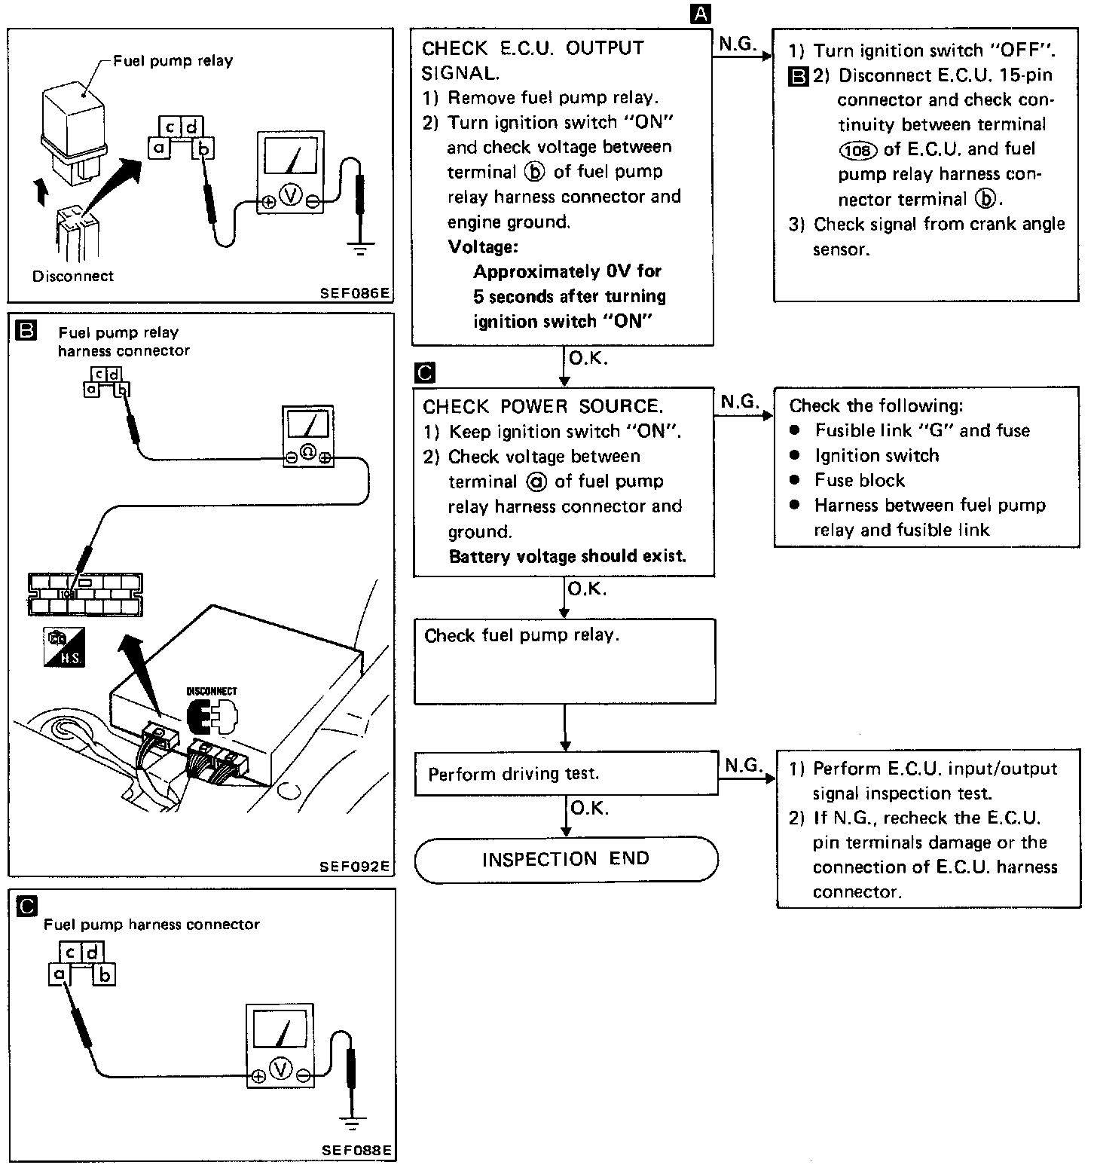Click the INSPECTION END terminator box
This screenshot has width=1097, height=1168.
click(x=566, y=859)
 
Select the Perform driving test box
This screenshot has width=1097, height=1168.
click(x=565, y=775)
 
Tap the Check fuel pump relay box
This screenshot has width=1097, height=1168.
click(x=564, y=661)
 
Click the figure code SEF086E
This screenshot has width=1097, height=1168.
click(x=355, y=293)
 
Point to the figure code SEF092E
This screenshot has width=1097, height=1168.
click(x=355, y=867)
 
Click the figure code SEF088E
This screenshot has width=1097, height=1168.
click(x=356, y=1151)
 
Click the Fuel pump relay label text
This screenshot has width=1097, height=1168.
click(x=173, y=61)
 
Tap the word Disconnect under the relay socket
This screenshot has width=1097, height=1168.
click(x=72, y=276)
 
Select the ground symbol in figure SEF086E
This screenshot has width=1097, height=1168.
click(x=360, y=247)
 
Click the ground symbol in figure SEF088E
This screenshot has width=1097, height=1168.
click(x=350, y=1124)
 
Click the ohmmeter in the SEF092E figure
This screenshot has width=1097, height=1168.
click(x=307, y=436)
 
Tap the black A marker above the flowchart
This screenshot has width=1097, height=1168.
click(x=701, y=14)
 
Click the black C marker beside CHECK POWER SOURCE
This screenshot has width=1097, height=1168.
click(x=425, y=372)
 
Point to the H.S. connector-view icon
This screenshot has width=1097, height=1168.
click(x=64, y=647)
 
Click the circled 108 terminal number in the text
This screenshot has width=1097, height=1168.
click(x=857, y=150)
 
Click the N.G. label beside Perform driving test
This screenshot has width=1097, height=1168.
click(x=743, y=766)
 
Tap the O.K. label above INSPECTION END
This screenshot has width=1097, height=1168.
click(x=589, y=809)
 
